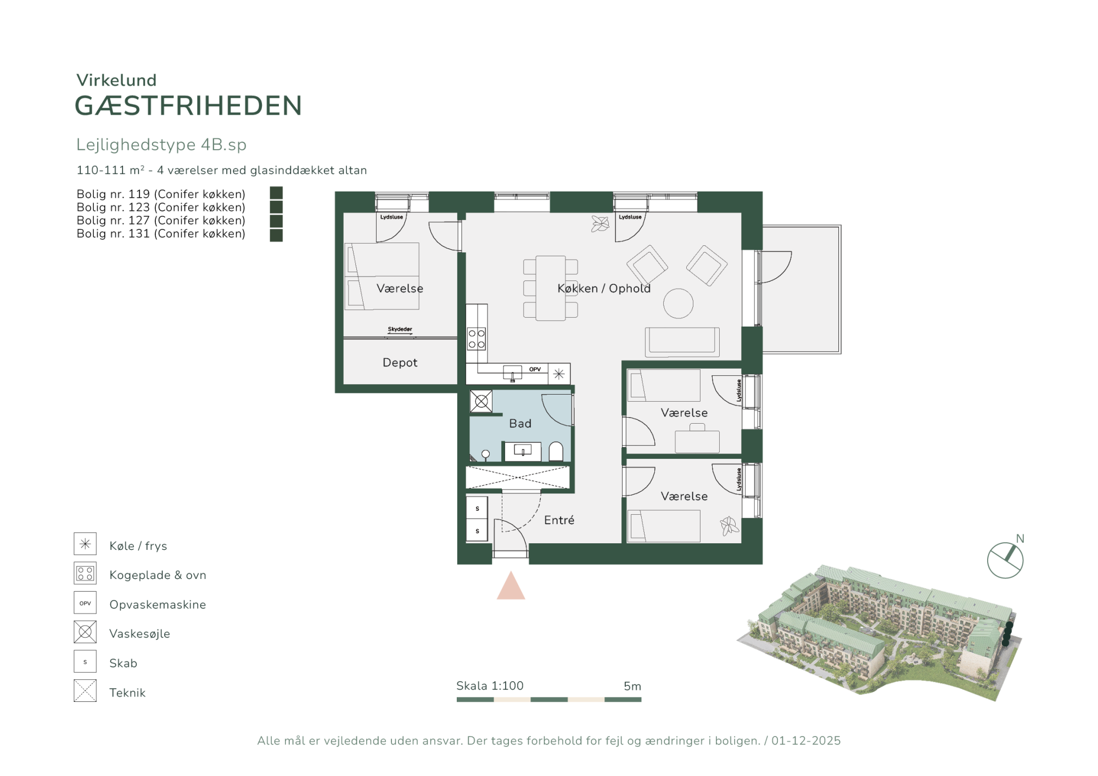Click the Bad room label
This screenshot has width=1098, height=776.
click(520, 423)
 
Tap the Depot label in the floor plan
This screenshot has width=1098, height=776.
click(400, 362)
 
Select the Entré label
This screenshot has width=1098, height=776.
click(559, 520)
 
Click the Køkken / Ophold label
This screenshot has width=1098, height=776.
click(604, 288)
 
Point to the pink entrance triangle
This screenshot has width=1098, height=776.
click(511, 586)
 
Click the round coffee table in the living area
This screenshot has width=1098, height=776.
click(678, 303)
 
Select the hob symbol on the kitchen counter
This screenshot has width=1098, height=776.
click(476, 339)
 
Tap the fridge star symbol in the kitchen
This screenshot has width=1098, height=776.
click(559, 374)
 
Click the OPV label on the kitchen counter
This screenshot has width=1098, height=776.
click(535, 369)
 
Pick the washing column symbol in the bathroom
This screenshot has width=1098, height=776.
click(481, 401)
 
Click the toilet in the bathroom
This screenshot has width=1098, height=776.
click(556, 451)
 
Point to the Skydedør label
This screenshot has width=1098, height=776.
click(400, 329)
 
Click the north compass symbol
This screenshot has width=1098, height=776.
click(1005, 560)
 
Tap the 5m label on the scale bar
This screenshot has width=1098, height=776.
click(632, 686)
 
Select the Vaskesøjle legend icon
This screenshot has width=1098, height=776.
click(85, 632)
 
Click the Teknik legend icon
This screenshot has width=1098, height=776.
click(85, 691)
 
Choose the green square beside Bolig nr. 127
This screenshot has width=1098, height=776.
click(276, 221)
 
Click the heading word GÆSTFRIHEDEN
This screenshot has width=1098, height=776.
click(188, 106)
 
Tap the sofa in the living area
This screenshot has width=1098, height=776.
click(682, 342)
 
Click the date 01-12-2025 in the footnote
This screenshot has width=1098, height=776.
click(806, 741)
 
